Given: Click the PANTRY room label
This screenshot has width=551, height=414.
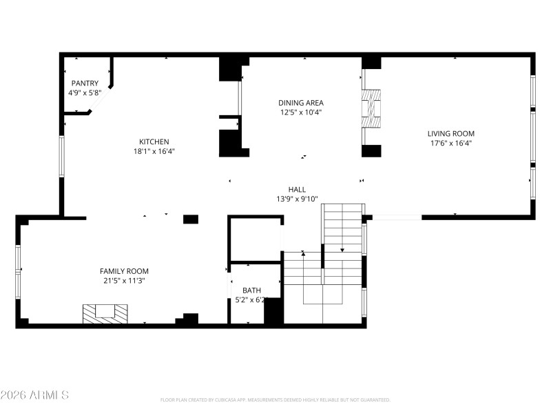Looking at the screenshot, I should (x=85, y=83).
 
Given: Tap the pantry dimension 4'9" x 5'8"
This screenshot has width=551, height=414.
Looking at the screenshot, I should (x=85, y=92).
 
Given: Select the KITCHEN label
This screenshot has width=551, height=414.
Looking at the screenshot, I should (x=154, y=141).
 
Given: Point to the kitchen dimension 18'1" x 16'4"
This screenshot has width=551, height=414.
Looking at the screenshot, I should (x=154, y=151).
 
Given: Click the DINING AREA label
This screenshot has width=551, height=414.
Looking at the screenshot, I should (x=301, y=103).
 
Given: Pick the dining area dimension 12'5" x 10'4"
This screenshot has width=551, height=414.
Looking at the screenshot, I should (x=301, y=112).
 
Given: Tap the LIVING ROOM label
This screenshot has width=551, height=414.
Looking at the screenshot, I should (x=450, y=134).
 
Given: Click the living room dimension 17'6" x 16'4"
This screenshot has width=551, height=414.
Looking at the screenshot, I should (x=450, y=144).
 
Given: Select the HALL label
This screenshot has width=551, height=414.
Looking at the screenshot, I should (x=297, y=189).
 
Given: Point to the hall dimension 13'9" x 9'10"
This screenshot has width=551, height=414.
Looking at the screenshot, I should (x=297, y=199).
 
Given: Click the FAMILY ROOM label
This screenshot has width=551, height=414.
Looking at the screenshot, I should (x=124, y=271).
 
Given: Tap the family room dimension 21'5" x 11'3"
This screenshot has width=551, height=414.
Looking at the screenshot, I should (x=124, y=281).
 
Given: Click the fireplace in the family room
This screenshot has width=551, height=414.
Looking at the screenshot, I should (x=105, y=313).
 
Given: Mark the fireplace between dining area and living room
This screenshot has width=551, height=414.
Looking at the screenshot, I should (x=371, y=108).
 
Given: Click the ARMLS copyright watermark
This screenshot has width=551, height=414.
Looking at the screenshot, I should (x=34, y=395).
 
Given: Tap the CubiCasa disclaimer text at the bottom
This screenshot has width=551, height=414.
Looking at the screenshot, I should (x=275, y=400).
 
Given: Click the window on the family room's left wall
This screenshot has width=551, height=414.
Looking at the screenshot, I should (x=18, y=268).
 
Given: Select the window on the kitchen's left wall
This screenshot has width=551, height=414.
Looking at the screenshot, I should (x=61, y=157).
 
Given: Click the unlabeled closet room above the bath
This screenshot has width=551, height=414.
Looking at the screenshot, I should (x=254, y=239).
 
